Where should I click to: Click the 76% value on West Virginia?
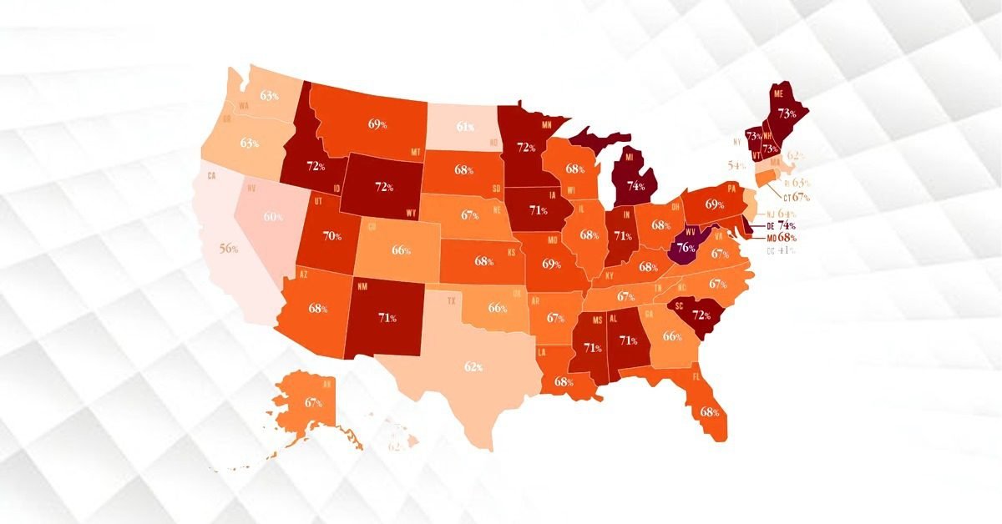(686, 247)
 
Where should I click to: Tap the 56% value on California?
(230, 249)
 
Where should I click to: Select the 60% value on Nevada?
(273, 217)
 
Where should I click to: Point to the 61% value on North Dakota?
(465, 127)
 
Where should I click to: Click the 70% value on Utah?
(332, 236)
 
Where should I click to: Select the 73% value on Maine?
(786, 113)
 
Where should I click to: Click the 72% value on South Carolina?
(700, 316)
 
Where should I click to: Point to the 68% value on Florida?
(710, 411)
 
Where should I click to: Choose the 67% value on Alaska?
(314, 402)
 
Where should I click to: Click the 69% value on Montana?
(377, 124)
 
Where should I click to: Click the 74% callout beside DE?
(786, 225)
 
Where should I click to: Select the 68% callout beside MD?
(787, 238)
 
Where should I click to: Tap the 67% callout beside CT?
(802, 197)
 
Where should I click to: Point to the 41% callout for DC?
(786, 250)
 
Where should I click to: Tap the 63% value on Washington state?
(269, 95)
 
